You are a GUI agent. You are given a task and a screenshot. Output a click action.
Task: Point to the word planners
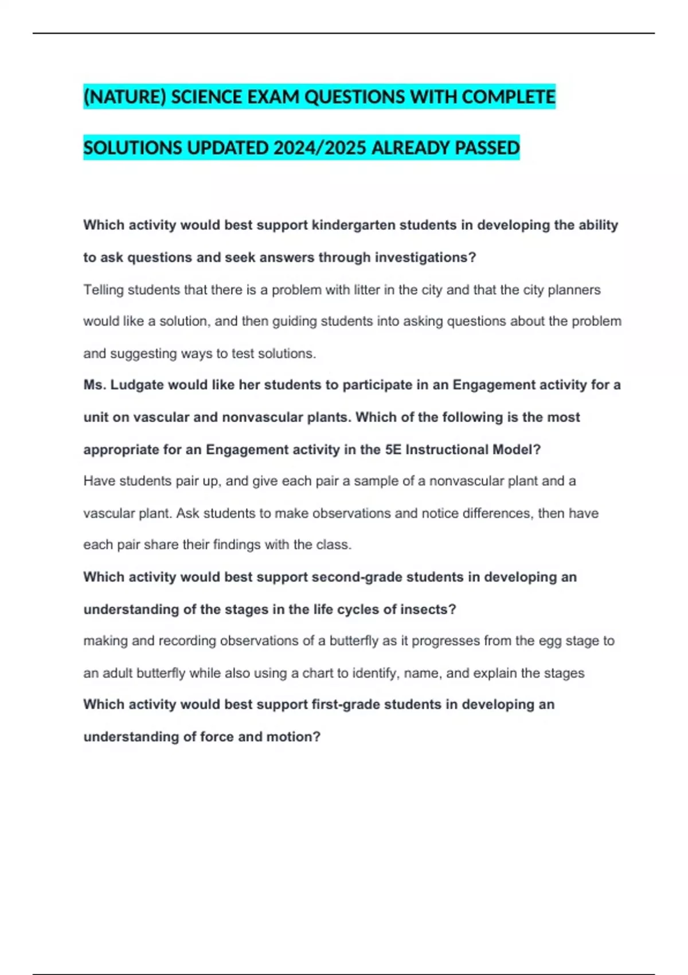tap(574, 290)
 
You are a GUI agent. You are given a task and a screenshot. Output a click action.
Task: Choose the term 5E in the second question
tap(393, 450)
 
